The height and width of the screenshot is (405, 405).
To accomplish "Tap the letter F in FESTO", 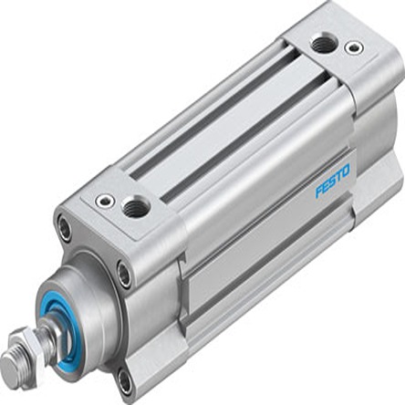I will point(319,193).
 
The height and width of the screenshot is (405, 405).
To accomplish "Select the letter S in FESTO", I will point(331,184).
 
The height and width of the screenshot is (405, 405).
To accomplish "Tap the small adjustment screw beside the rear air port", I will point(349,47).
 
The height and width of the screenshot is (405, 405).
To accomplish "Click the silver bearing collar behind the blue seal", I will point(91,292).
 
